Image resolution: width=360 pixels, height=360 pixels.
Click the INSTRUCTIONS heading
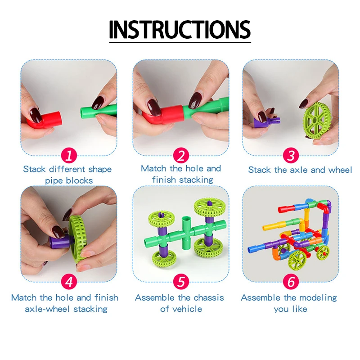(180, 29)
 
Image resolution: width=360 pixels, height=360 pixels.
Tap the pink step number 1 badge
(68, 156)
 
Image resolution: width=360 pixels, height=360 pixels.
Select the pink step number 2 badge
(180, 156)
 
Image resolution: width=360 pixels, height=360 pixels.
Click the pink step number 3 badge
(291, 156)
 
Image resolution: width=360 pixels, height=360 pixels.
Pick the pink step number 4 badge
(68, 282)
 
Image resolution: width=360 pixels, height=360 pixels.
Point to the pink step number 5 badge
(180, 282)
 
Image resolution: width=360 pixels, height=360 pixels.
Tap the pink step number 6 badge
(291, 282)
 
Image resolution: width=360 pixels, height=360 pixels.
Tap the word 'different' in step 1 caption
(67, 170)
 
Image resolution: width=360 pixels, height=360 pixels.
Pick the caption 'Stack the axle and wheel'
(300, 170)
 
